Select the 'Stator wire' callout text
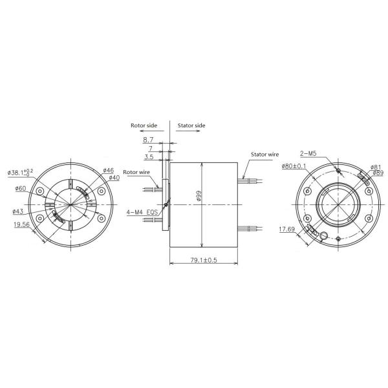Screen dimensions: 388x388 264,155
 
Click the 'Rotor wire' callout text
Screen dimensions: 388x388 136,172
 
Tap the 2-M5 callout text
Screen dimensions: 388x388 308,153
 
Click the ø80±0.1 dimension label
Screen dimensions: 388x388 294,167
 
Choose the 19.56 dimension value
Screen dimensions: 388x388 21,226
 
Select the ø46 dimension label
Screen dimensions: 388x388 108,170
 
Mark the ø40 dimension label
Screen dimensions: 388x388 114,177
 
